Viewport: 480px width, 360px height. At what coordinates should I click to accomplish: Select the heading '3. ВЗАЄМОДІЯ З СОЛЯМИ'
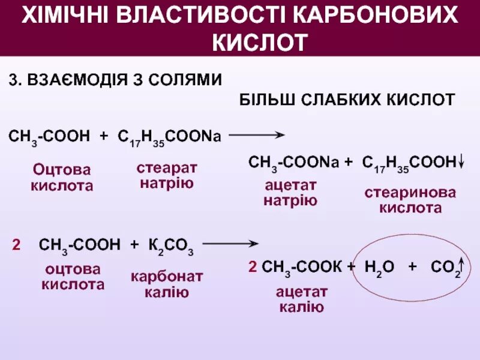[115, 79]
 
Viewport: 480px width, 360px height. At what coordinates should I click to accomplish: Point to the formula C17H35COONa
[169, 137]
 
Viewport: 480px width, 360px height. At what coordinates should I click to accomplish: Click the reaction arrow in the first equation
[256, 136]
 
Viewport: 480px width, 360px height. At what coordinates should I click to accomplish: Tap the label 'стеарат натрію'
[167, 175]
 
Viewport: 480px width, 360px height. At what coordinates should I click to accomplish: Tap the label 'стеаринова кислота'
[410, 200]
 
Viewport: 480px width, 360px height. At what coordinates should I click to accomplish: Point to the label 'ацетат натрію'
[290, 193]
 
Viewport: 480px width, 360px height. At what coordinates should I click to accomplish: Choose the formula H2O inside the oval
[379, 268]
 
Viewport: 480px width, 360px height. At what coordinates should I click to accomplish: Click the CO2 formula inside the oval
[445, 268]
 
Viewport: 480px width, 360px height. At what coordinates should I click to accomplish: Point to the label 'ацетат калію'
[302, 299]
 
